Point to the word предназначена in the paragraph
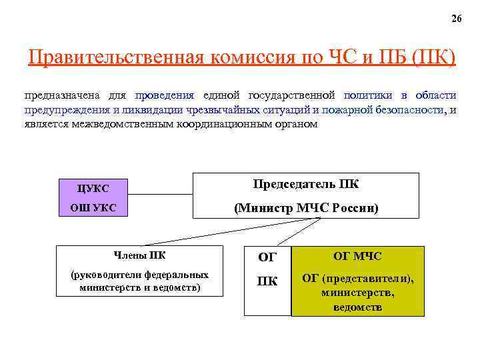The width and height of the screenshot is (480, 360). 57,95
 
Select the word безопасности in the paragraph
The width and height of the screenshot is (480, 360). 407,110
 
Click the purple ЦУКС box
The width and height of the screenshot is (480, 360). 93,188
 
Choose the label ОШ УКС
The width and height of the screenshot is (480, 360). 93,208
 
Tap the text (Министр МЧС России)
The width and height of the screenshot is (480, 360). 306,208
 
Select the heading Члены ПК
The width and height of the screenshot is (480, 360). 141,254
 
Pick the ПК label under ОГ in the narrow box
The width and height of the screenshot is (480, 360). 267,281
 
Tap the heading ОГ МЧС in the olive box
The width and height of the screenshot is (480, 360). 358,256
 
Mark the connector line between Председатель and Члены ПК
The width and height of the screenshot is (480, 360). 200,231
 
